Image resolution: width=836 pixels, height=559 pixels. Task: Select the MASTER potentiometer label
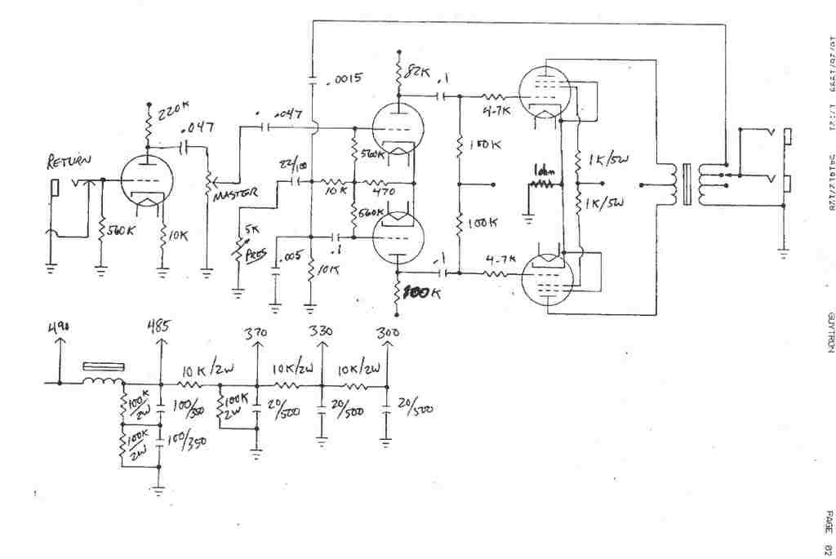[x=235, y=193]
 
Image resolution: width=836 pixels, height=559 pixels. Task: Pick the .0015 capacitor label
[x=342, y=80]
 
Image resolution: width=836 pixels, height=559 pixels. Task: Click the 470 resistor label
[x=383, y=192]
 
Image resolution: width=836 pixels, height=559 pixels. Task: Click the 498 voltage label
[x=58, y=329]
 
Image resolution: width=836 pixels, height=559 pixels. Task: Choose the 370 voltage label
[x=256, y=333]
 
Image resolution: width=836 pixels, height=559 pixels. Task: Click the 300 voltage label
[x=388, y=333]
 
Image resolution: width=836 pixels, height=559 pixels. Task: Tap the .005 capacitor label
[x=290, y=257]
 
